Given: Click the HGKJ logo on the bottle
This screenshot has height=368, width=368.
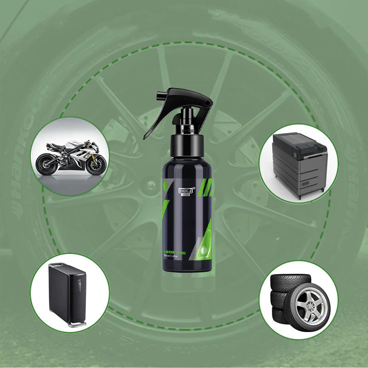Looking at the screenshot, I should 187,189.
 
